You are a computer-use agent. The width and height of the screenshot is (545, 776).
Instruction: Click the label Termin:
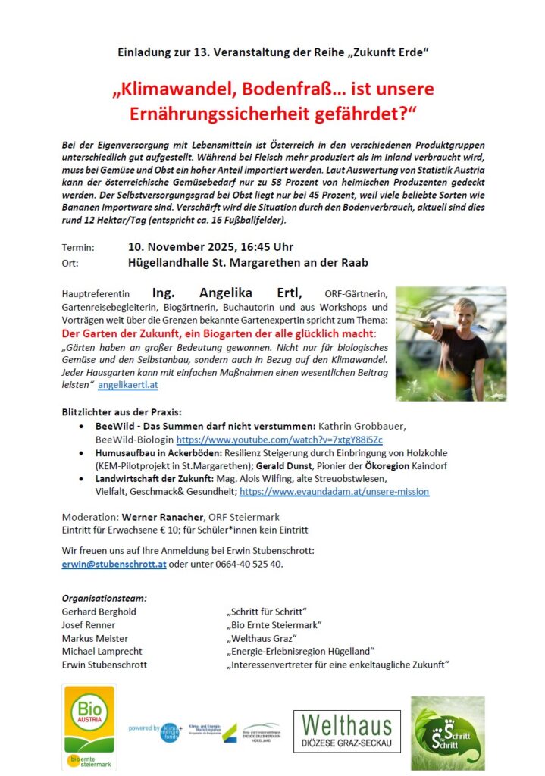click(78, 247)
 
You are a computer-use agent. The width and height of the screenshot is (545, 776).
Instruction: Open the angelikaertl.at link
click(128, 385)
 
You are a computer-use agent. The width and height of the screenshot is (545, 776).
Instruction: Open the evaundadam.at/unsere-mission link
click(334, 491)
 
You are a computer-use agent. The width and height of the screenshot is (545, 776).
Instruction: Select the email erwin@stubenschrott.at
click(114, 565)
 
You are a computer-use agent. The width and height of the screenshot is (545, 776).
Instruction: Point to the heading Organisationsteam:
click(105, 598)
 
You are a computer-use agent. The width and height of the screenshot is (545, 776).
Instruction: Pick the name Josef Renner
click(89, 625)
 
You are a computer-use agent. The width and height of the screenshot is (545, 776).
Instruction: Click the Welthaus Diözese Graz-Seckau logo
click(347, 731)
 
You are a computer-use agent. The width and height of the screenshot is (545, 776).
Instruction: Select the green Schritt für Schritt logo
click(448, 733)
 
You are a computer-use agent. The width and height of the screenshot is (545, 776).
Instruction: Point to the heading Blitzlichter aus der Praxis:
click(121, 411)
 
